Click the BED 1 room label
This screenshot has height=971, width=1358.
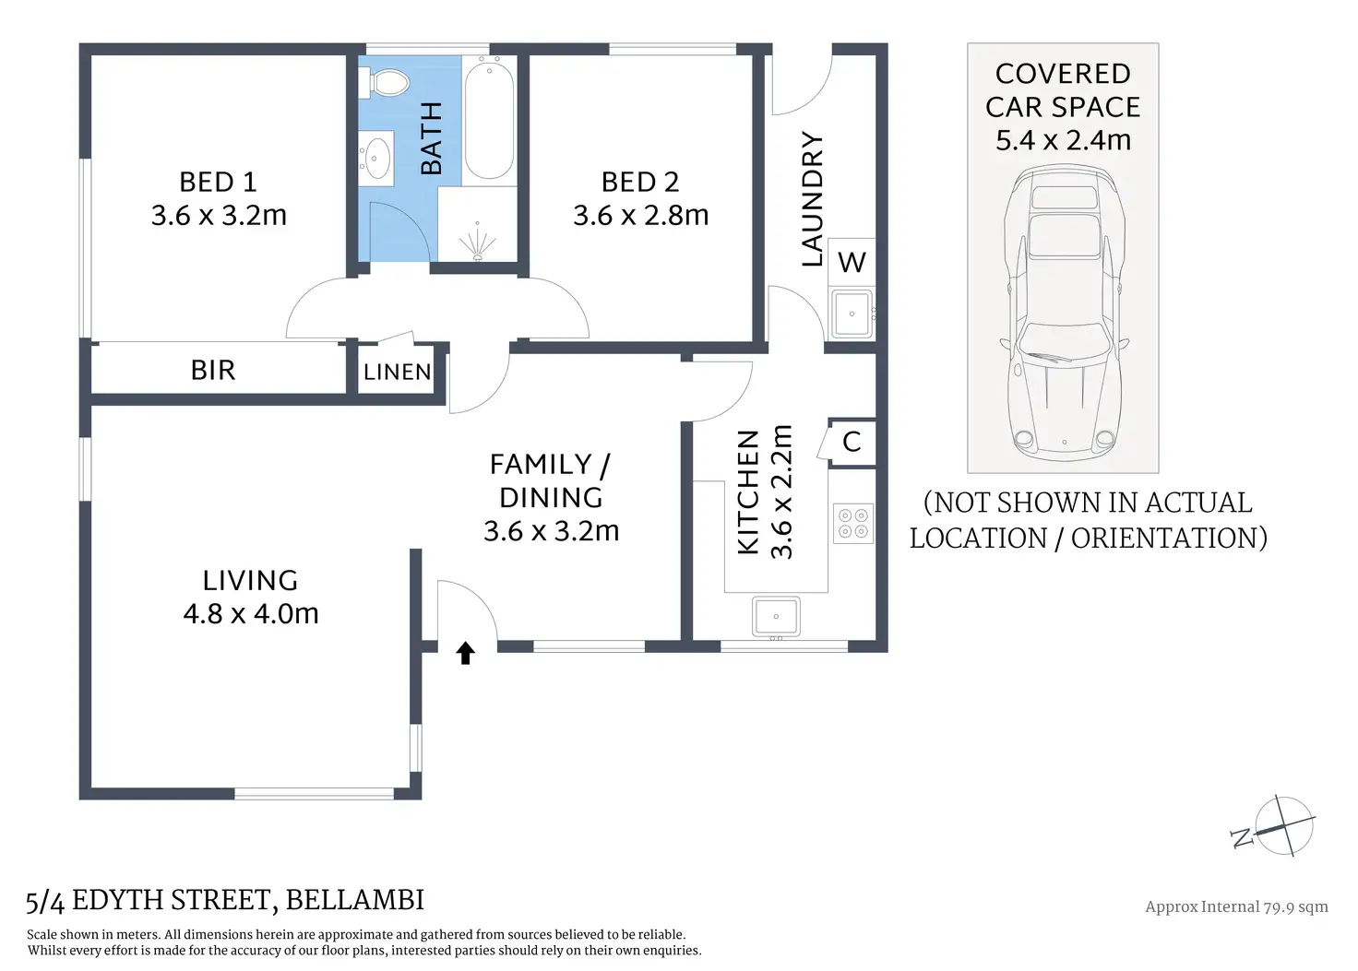click(219, 182)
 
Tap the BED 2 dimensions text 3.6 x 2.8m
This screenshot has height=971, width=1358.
click(641, 215)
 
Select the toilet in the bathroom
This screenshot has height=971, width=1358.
click(384, 82)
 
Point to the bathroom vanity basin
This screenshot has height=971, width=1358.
click(375, 159)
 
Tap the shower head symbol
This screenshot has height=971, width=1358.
click(478, 243)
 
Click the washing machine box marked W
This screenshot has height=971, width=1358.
click(852, 262)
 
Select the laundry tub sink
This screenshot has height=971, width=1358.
click(852, 314)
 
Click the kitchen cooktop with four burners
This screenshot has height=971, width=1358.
click(853, 523)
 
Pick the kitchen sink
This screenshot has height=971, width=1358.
click(776, 616)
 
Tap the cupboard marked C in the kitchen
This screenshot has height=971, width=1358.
click(852, 443)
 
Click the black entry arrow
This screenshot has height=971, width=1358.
click(465, 653)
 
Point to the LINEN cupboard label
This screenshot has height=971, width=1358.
click(397, 372)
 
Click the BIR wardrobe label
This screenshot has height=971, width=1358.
click(213, 370)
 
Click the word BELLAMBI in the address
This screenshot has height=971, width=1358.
click(354, 900)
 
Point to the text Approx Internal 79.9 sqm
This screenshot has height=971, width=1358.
click(1237, 906)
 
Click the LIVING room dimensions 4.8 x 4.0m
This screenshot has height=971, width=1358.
click(251, 614)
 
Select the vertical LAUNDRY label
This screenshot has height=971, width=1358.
click(813, 199)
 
